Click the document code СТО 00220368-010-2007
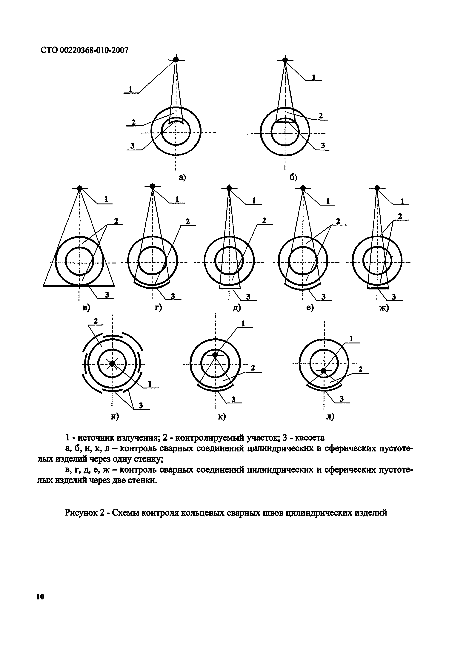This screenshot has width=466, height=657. [x=84, y=50]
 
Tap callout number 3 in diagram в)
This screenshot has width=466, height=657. [x=107, y=295]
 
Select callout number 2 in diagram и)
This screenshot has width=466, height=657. [x=96, y=322]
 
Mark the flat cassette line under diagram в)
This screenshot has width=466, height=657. [x=79, y=286]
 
